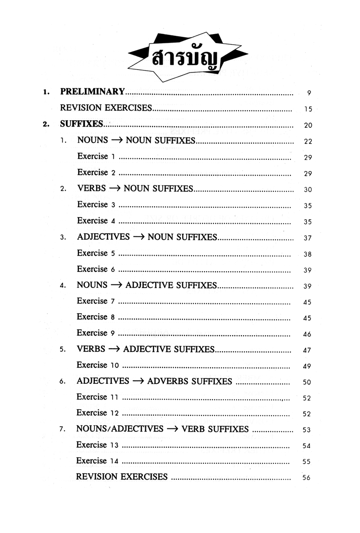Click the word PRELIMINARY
coord(92,92)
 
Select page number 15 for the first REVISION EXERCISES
coord(307,109)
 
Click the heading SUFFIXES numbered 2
coord(81,124)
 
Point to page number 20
coord(307,126)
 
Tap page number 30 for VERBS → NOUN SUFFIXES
coord(307,190)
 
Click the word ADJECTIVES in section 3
coord(103,237)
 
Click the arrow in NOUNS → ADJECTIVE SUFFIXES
coord(116,285)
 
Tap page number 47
coord(307,351)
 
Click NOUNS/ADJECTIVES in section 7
coord(120,429)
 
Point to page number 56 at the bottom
coord(307,478)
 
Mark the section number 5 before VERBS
coord(63,350)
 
